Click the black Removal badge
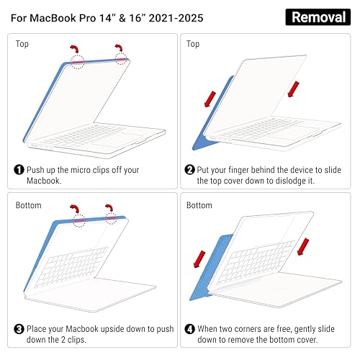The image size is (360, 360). click(318, 17)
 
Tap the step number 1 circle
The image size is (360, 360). click(19, 170)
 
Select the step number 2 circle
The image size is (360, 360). click(189, 170)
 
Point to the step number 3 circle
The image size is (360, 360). click(19, 329)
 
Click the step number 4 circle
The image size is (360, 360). click(189, 329)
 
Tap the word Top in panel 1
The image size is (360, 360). click(22, 44)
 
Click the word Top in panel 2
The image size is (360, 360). click(193, 44)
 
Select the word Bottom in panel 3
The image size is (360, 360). click(28, 205)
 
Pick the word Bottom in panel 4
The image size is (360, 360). click(199, 205)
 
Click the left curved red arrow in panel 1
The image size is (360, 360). click(76, 48)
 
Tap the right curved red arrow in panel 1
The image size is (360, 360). click(120, 47)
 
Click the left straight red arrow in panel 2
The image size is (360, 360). click(210, 99)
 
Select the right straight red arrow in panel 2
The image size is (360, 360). click(294, 89)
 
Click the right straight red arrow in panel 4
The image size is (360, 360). click(303, 247)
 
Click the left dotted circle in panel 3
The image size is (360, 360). click(79, 220)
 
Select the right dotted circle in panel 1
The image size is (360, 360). click(121, 58)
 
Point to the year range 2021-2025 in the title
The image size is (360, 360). click(176, 18)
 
